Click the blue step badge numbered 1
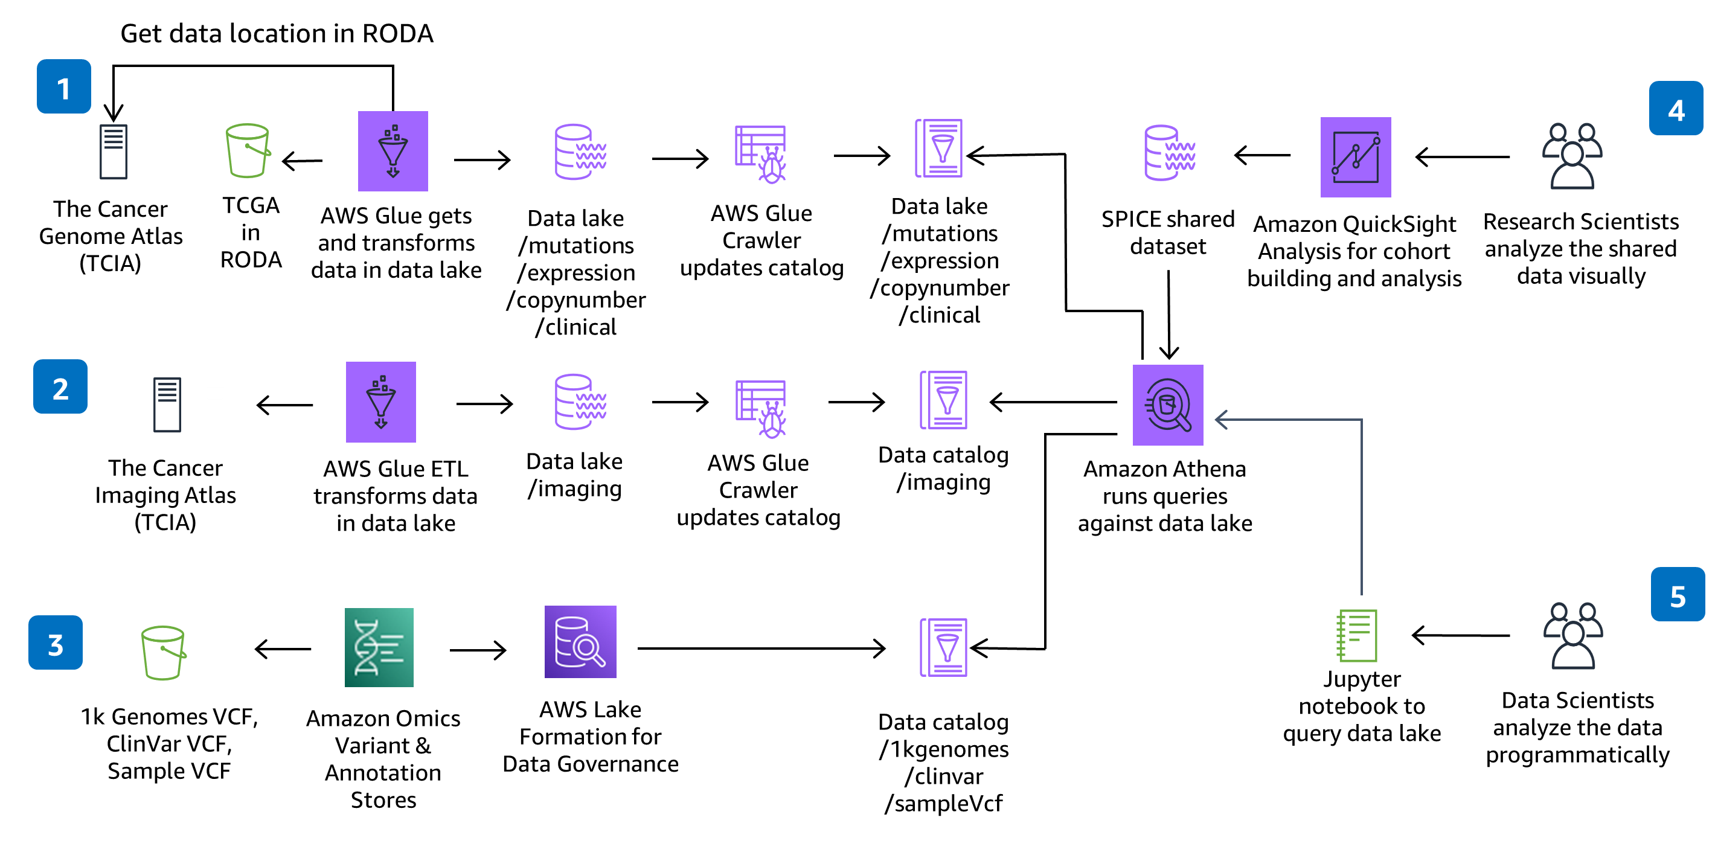[63, 86]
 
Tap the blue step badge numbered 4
[1676, 109]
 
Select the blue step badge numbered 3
[56, 642]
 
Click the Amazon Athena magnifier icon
[1168, 405]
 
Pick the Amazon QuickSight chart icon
[1356, 157]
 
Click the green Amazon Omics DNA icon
[379, 647]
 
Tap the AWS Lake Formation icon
[580, 642]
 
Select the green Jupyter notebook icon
[1356, 635]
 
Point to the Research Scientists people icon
[1572, 156]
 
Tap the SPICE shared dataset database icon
[1169, 153]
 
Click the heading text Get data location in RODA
[277, 33]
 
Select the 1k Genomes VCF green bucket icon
[163, 652]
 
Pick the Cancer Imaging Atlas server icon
[167, 405]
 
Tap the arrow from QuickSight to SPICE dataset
[1261, 156]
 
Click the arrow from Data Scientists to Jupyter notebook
[1460, 636]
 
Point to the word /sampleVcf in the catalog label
[943, 804]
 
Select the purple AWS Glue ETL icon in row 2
[381, 402]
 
